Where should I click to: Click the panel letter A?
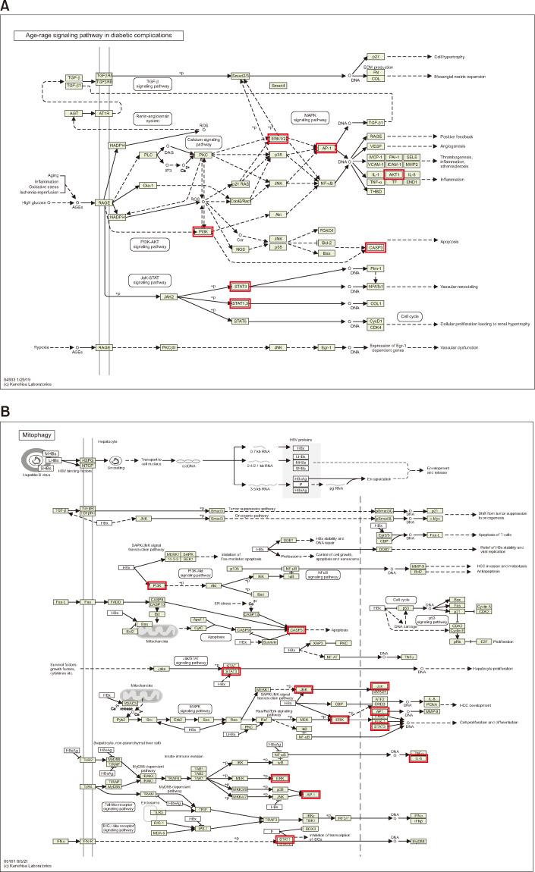point(6,6)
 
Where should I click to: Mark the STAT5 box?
point(240,320)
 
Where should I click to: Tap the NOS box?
point(241,248)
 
